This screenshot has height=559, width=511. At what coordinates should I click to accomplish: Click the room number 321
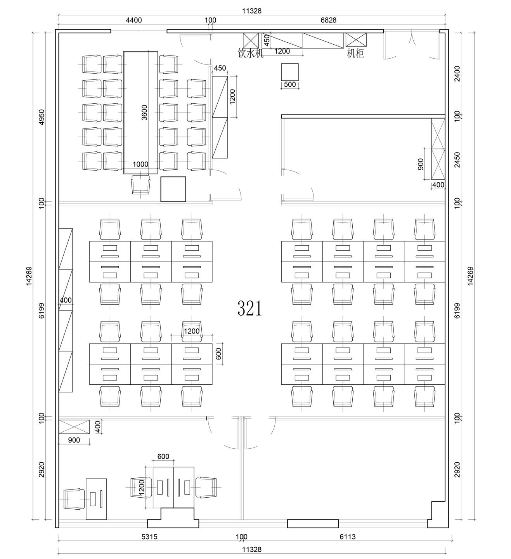coord(249,308)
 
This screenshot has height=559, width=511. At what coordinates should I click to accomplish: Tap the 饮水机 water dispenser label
coord(251,53)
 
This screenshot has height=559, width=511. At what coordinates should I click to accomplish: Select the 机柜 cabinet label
coord(355,53)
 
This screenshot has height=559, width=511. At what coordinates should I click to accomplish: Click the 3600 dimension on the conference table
coord(144,112)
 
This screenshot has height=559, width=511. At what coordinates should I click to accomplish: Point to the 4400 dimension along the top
coord(134,20)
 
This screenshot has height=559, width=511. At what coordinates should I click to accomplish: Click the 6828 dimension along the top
coord(329,20)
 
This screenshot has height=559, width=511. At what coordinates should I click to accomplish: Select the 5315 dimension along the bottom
coord(149,536)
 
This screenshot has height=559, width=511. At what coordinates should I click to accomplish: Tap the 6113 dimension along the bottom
coord(347,536)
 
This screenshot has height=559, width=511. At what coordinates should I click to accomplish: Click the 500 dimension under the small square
coord(290,84)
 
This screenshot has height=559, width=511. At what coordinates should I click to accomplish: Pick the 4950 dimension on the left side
coord(42,117)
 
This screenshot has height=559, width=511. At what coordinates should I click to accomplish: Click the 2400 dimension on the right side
coord(457,74)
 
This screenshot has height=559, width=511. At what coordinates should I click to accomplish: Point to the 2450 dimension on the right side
coord(457,160)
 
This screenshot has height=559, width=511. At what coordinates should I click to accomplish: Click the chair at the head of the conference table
coord(141,184)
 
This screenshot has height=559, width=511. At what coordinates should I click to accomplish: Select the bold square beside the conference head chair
coord(173,189)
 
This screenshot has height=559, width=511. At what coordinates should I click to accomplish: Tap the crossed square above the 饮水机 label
coord(251,40)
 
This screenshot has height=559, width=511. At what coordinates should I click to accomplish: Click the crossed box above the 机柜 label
coord(356,40)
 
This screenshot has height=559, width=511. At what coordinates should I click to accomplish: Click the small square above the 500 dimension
coord(290,72)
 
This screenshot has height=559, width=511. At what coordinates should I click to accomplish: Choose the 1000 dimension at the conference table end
coord(140,164)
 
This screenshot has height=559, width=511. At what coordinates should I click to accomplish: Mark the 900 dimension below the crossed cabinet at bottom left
coord(74,440)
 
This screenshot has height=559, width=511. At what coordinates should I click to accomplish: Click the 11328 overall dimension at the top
coord(251,11)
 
